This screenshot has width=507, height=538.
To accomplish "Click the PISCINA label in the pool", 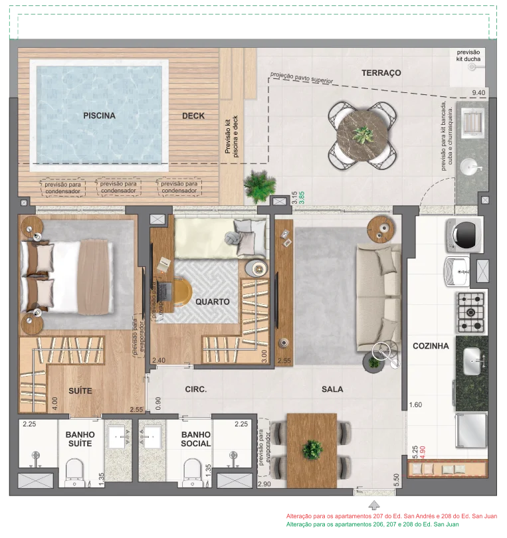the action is (99, 116).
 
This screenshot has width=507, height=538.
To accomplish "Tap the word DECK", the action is (193, 116).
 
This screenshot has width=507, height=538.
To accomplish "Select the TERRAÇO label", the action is (381, 73).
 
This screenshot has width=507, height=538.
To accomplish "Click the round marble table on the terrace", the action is (363, 135).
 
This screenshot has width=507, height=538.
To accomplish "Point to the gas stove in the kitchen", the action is (470, 313).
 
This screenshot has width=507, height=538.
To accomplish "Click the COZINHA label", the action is (431, 346).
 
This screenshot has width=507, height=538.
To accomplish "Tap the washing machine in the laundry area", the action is (464, 235).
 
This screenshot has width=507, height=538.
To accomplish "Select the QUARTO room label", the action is (213, 302).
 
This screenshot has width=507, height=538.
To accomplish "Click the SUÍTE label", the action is (80, 391).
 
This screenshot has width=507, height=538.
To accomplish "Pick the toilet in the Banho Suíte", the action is (74, 472).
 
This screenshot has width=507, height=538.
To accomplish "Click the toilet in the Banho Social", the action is (193, 472).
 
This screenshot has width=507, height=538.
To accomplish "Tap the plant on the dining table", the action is (312, 450).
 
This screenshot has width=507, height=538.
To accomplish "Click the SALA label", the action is (332, 389).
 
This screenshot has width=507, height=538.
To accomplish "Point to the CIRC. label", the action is (195, 389).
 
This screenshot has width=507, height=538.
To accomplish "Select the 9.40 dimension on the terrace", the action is (478, 92).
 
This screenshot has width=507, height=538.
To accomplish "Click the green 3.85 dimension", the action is (302, 198).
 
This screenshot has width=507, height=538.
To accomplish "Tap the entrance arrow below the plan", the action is (374, 505).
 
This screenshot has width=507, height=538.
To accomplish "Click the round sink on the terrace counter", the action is (471, 167).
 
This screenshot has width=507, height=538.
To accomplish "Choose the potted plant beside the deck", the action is (260, 187).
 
